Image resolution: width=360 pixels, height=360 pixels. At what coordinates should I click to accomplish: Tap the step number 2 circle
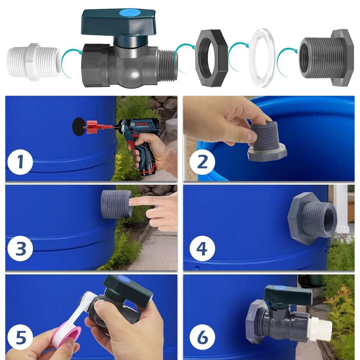click(x=202, y=162)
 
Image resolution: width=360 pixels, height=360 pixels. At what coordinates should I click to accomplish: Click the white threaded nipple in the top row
click(x=34, y=62)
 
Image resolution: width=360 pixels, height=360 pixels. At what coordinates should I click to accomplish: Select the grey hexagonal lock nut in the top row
click(x=212, y=58)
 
